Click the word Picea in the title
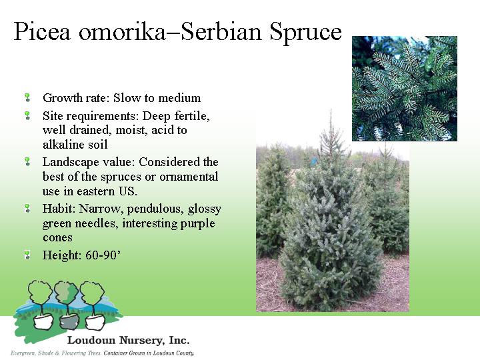[42, 31]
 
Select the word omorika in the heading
[122, 31]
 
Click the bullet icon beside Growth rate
[27, 97]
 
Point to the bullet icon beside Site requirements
[27, 115]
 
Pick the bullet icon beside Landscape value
[27, 161]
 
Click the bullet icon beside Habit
[27, 209]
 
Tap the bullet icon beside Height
[27, 255]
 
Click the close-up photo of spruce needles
[405, 89]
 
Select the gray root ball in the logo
[69, 322]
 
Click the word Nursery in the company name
[140, 341]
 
